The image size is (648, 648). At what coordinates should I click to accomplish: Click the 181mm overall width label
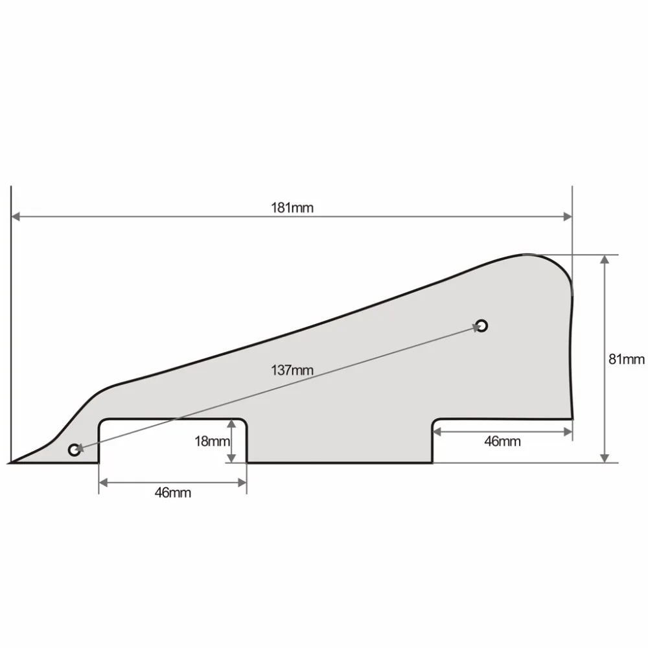pos(292,207)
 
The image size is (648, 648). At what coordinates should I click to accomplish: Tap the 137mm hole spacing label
pos(292,370)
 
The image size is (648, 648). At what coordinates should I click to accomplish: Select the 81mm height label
pos(626,359)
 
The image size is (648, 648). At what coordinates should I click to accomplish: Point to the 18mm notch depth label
pos(212,441)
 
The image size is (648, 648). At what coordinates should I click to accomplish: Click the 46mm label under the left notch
pos(172,492)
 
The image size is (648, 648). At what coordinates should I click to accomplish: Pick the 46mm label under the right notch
pos(502,441)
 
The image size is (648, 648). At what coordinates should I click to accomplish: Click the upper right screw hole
pos(481,325)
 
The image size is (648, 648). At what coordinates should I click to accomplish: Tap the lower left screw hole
pos(75,450)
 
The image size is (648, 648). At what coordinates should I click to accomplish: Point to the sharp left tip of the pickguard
pos(13,463)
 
